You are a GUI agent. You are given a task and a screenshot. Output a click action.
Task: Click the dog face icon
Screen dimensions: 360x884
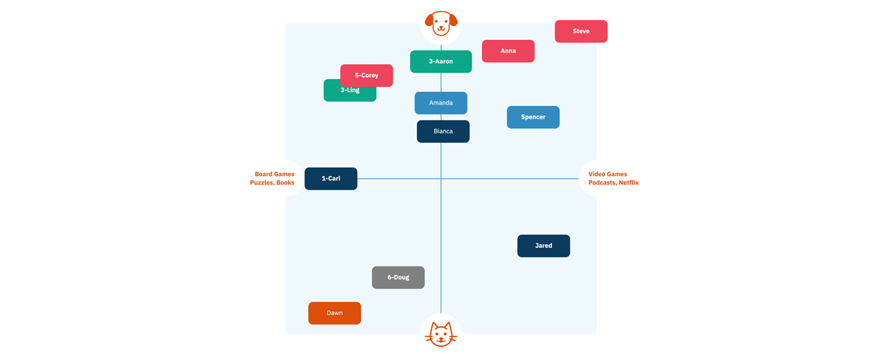441,23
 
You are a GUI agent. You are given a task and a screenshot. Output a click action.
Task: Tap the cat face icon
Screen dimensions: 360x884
441,334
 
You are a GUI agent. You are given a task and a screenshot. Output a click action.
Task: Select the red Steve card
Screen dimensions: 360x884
581,31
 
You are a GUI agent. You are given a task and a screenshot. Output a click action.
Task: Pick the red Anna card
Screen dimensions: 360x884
508,51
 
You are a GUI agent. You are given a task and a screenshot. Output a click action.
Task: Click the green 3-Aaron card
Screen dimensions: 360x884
441,62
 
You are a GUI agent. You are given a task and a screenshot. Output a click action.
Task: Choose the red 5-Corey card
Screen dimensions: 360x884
367,75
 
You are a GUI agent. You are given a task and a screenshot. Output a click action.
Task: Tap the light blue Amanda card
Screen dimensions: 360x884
441,103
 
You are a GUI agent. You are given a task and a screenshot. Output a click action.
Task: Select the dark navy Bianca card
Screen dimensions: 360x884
443,132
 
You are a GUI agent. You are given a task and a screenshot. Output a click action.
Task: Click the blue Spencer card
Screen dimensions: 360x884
533,117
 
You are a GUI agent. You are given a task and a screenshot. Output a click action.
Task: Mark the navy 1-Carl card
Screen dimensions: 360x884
331,179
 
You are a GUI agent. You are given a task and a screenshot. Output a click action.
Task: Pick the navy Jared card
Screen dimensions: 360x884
543,246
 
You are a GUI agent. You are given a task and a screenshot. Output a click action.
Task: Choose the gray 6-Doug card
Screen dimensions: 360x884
398,278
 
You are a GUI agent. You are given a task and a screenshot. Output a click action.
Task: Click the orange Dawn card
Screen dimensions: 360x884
335,313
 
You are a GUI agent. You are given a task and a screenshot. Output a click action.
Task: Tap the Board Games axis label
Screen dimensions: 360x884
274,174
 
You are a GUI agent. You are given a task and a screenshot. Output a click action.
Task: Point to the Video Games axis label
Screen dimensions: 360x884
608,174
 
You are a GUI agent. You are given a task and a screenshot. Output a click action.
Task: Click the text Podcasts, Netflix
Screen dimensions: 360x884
613,183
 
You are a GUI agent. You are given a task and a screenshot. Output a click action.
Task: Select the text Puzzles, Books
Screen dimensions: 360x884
272,183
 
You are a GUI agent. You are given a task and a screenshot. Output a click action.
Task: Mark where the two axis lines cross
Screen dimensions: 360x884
441,179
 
